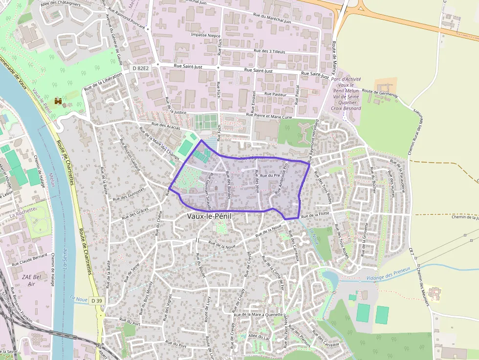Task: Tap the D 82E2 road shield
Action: [140, 69]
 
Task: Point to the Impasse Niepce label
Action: [206, 36]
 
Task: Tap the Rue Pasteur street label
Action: [275, 93]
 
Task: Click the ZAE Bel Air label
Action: [29, 280]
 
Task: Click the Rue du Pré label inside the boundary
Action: [270, 175]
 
